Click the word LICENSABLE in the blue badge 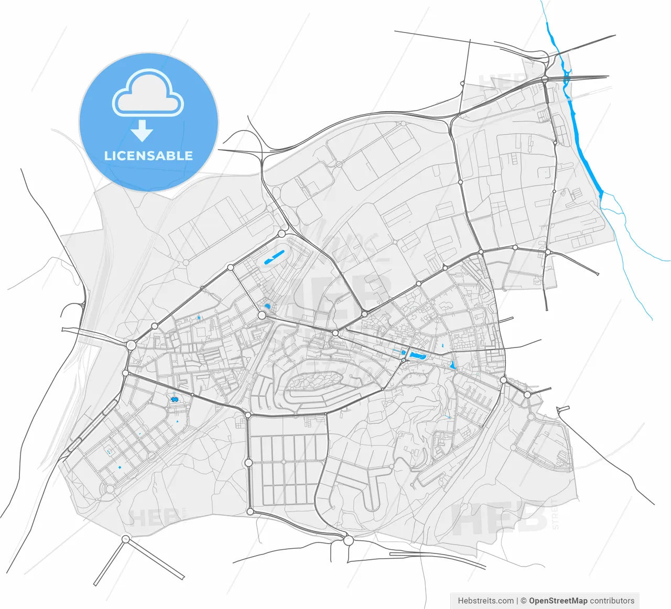pos(148,156)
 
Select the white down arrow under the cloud pos(142,130)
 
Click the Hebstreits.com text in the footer pos(485,601)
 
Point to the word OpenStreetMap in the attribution pos(558,601)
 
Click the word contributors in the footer pos(612,601)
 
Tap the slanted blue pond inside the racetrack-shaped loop pos(275,256)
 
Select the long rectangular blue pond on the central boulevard pos(418,356)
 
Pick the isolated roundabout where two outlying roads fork pos(125,539)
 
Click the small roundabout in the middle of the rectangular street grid pos(283,462)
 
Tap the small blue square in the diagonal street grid pos(120,467)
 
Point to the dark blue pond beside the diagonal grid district pos(174,400)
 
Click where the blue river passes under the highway pos(567,78)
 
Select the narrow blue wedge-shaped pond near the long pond pos(452,365)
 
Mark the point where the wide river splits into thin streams pos(601,194)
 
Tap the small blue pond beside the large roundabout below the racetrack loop pos(267,306)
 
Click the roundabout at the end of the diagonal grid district pos(110,488)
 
